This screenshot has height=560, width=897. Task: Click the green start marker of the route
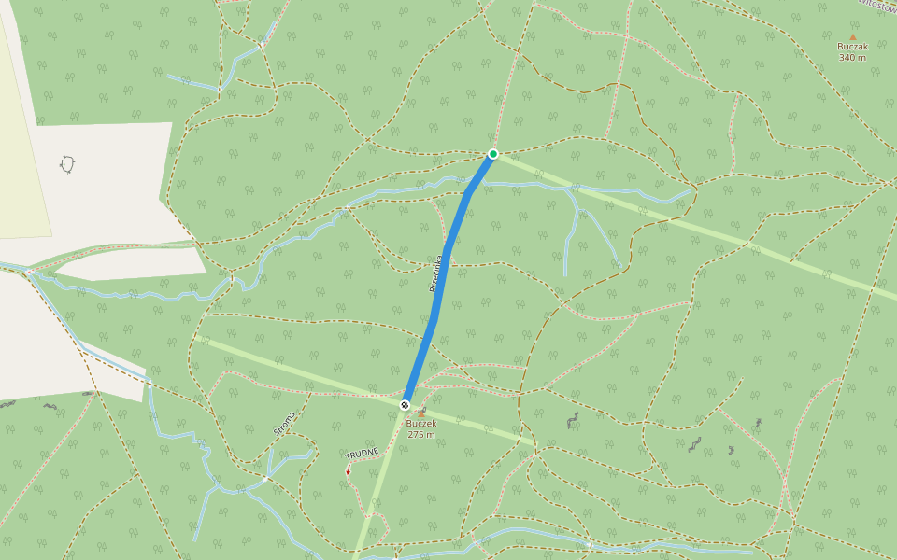(492, 154)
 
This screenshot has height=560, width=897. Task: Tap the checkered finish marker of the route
(405, 405)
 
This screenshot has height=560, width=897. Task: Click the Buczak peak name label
(852, 47)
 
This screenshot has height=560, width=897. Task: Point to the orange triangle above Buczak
(852, 36)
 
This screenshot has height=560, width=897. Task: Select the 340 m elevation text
(852, 58)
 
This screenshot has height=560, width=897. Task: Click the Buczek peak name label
(421, 424)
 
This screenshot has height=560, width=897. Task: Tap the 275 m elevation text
(421, 435)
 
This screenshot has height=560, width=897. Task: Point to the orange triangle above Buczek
(421, 413)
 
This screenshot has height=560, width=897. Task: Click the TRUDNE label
(362, 454)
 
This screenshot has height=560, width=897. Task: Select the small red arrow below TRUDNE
(349, 470)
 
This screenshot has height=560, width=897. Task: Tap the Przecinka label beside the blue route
(435, 274)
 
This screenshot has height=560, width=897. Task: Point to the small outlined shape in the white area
(67, 164)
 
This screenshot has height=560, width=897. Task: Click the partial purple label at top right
(877, 4)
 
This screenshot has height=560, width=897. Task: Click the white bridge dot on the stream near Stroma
(265, 479)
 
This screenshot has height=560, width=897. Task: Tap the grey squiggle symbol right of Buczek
(573, 420)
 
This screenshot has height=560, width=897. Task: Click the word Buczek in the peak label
(421, 424)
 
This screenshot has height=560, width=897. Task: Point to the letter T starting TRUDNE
(348, 456)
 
